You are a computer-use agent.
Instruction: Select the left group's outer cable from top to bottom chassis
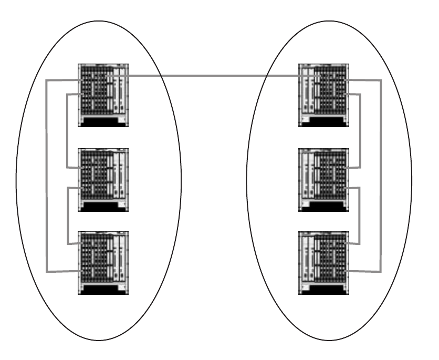[46, 176]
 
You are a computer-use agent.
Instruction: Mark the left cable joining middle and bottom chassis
[68, 215]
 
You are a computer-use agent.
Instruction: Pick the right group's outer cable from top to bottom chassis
[381, 176]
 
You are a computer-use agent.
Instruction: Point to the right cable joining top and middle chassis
[360, 131]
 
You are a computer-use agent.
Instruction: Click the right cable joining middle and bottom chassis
[360, 215]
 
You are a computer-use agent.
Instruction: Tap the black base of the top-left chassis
[103, 122]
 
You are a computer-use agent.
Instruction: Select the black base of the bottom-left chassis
[103, 289]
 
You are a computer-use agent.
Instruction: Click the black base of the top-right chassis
[323, 122]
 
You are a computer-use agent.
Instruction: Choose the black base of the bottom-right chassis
[323, 289]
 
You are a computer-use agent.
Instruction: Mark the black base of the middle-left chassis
[103, 207]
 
